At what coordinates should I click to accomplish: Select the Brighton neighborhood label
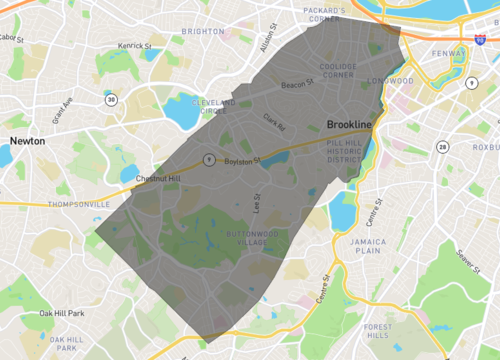(203, 32)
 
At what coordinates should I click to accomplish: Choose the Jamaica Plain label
(361, 247)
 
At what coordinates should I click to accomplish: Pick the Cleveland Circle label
(213, 108)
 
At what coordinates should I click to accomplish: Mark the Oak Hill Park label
(62, 314)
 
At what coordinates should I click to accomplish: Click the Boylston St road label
(242, 159)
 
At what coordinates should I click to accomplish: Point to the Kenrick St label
(134, 46)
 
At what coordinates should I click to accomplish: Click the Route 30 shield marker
(113, 100)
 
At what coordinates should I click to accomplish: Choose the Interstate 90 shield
(469, 48)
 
